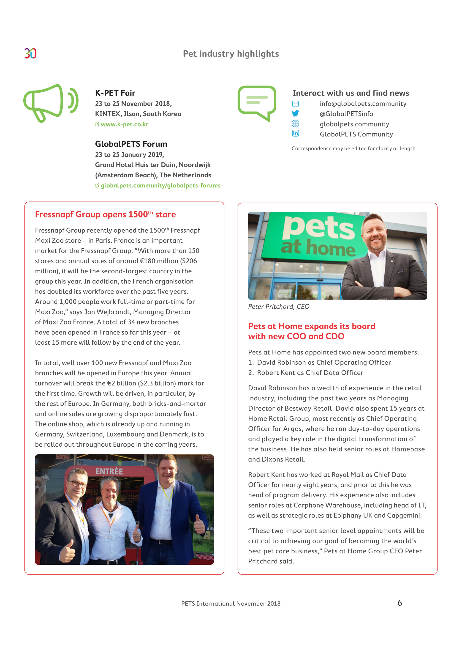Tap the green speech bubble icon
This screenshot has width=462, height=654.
click(257, 102)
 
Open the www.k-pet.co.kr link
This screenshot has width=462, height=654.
click(124, 124)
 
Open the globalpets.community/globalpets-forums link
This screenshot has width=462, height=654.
click(160, 185)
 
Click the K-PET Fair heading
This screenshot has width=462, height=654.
click(115, 93)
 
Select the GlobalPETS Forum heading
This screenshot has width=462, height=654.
click(131, 144)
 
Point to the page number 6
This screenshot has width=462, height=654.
click(399, 603)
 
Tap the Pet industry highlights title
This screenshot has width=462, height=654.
click(231, 54)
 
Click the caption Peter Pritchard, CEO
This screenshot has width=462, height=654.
click(278, 307)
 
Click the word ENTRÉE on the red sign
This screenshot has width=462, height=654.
click(109, 472)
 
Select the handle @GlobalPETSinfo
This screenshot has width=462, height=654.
click(346, 114)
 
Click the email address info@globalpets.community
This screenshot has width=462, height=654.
click(363, 104)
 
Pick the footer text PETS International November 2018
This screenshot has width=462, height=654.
click(231, 604)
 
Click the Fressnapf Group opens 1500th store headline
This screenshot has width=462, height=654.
click(105, 214)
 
